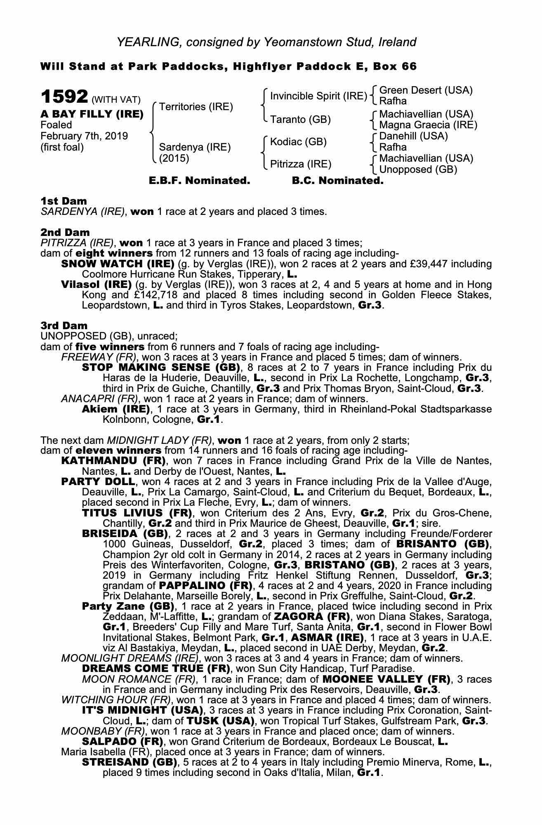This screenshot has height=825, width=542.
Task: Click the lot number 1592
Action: [x=64, y=97]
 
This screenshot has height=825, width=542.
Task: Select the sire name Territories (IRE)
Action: [x=196, y=107]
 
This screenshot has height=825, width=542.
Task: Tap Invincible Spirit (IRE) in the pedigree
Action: [x=318, y=96]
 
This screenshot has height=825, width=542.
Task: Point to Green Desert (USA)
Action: [x=426, y=90]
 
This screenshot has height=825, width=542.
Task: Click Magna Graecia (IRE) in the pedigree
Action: [x=428, y=125]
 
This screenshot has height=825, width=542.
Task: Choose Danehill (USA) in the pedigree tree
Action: [x=413, y=136]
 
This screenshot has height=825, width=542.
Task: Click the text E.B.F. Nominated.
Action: [x=199, y=181]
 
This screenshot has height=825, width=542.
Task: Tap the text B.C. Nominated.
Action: [x=337, y=181]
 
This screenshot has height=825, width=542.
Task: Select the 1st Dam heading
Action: [x=64, y=201]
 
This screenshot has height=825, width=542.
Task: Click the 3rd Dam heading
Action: [x=64, y=325]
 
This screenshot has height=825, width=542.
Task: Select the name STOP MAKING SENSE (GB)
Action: [x=161, y=367]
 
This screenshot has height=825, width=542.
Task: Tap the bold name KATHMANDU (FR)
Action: [x=113, y=460]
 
